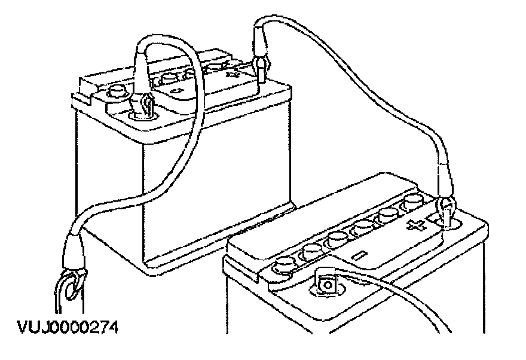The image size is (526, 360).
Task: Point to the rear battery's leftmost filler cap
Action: [x=118, y=92]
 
